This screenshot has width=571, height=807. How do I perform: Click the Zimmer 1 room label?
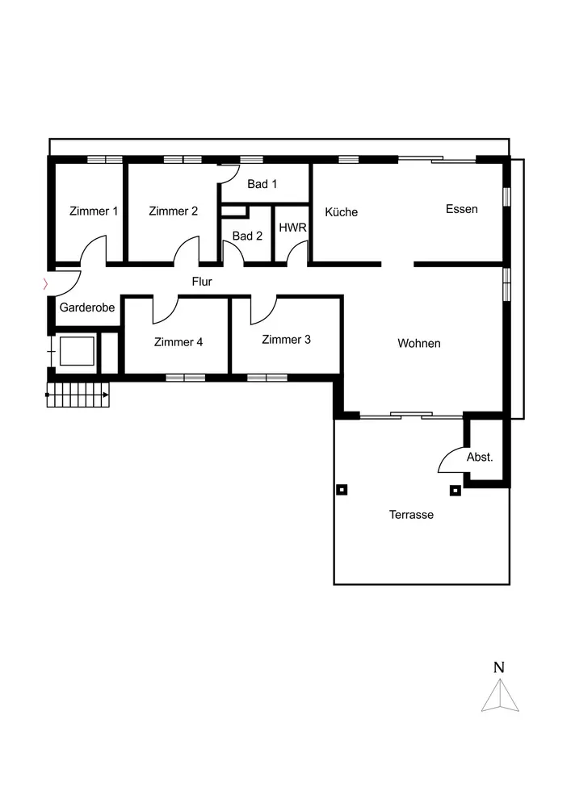pos(94,211)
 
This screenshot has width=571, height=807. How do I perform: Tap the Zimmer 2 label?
pos(173,211)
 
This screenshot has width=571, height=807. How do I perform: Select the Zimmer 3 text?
pos(286,340)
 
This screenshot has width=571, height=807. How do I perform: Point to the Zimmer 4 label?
pos(178,342)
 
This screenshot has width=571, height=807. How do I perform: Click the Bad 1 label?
pos(262,184)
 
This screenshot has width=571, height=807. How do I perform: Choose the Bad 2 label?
pos(247,236)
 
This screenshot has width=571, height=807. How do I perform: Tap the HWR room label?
pos(292,228)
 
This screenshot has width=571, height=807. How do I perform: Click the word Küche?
pos(341,212)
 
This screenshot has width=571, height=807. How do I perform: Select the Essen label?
pos(461,209)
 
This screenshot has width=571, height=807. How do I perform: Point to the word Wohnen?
pos(418,344)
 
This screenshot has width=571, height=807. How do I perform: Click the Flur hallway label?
pos(201,282)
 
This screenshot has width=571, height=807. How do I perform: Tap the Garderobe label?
pos(86,307)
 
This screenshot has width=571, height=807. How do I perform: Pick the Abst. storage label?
pos(479,457)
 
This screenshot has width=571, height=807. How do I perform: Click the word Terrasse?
pos(411,515)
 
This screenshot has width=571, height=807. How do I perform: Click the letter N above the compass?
pos(499,667)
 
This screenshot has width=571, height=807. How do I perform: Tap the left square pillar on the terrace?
pos(342,488)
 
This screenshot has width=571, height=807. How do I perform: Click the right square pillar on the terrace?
pos(455,489)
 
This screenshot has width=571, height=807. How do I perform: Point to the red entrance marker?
pos(45,283)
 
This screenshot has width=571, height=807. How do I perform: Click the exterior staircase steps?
pos(78,395)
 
